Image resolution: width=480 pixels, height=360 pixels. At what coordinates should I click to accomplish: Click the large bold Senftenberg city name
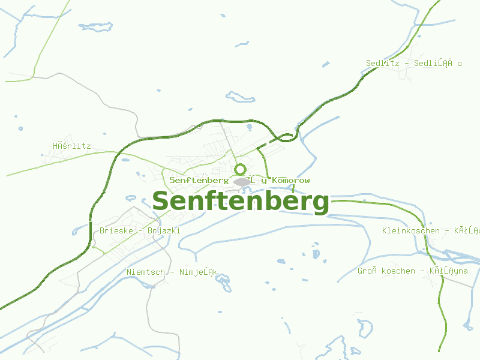(x=241, y=202)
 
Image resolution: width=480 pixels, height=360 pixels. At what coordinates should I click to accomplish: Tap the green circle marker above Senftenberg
(x=241, y=169)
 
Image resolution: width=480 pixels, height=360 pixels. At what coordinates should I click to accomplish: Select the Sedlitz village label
(x=414, y=63)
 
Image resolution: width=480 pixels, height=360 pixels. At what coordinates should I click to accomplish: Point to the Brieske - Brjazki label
(x=140, y=230)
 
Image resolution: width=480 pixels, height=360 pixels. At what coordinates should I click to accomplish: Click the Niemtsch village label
(x=172, y=272)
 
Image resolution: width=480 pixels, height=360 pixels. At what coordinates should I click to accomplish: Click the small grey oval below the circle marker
(x=241, y=181)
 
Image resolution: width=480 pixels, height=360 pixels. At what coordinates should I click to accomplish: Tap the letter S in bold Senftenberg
(x=161, y=202)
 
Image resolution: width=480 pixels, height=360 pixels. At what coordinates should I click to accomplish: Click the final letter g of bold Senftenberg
(x=320, y=204)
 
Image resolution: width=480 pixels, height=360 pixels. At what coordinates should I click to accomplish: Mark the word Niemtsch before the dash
(x=146, y=272)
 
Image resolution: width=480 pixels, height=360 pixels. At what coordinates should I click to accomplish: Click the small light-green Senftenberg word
(x=199, y=180)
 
